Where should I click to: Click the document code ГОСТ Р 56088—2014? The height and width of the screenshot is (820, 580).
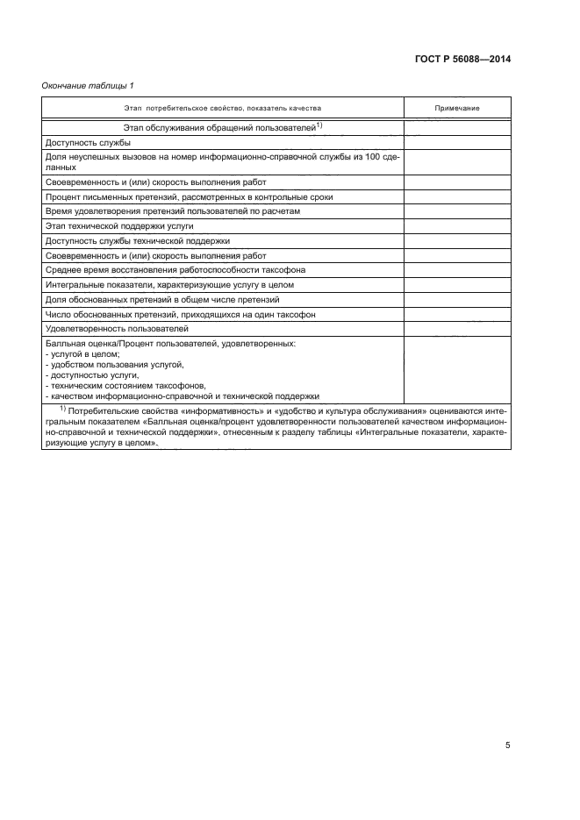(462, 60)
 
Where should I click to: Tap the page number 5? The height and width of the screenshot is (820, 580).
(507, 721)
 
